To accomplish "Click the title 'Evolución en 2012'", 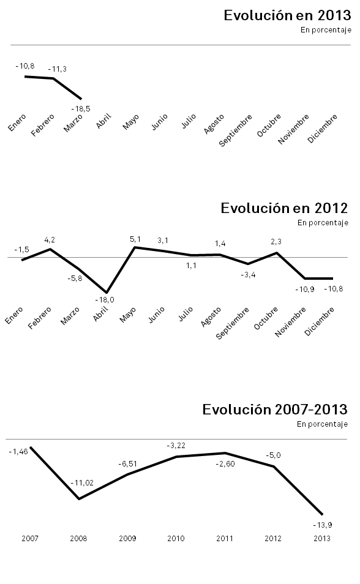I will pyautogui.click(x=284, y=208).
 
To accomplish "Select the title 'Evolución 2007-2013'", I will pyautogui.click(x=275, y=409).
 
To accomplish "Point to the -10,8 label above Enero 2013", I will pyautogui.click(x=24, y=66).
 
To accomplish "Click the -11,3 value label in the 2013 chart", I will pyautogui.click(x=57, y=69).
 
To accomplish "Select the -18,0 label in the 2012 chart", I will pyautogui.click(x=105, y=300).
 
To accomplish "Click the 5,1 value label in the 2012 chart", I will pyautogui.click(x=135, y=239).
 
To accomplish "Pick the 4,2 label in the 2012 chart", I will pyautogui.click(x=50, y=240).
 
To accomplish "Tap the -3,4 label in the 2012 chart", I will pyautogui.click(x=249, y=275).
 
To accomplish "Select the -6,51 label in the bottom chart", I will pyautogui.click(x=128, y=463).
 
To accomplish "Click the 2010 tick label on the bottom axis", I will pyautogui.click(x=176, y=539).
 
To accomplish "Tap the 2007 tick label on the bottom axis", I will pyautogui.click(x=30, y=539).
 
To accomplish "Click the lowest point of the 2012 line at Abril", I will pyautogui.click(x=106, y=293).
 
